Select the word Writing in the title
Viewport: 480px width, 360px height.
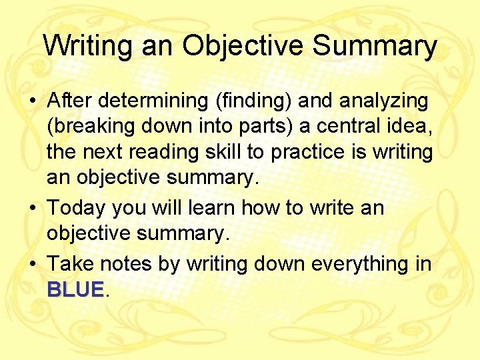click(x=85, y=47)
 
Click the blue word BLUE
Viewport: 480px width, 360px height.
click(x=75, y=290)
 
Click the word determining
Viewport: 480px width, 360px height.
click(x=150, y=101)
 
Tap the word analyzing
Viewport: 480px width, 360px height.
click(x=384, y=101)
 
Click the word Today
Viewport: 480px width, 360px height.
click(x=76, y=209)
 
